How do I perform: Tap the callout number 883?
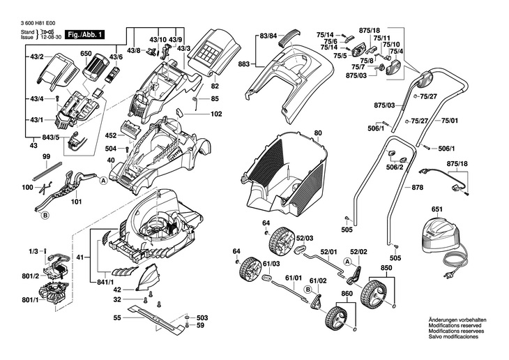pyautogui.click(x=243, y=64)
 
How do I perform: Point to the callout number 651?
pyautogui.click(x=437, y=209)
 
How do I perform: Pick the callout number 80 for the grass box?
pyautogui.click(x=318, y=133)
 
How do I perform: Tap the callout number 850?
pyautogui.click(x=386, y=268)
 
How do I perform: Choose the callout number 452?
pyautogui.click(x=111, y=135)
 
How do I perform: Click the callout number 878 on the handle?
pyautogui.click(x=418, y=188)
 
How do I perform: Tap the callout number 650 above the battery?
pyautogui.click(x=86, y=54)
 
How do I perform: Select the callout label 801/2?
pyautogui.click(x=31, y=276)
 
